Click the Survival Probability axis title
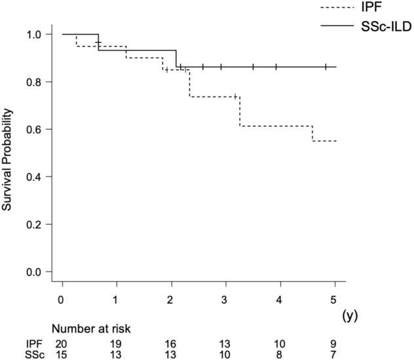(x=9, y=153)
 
